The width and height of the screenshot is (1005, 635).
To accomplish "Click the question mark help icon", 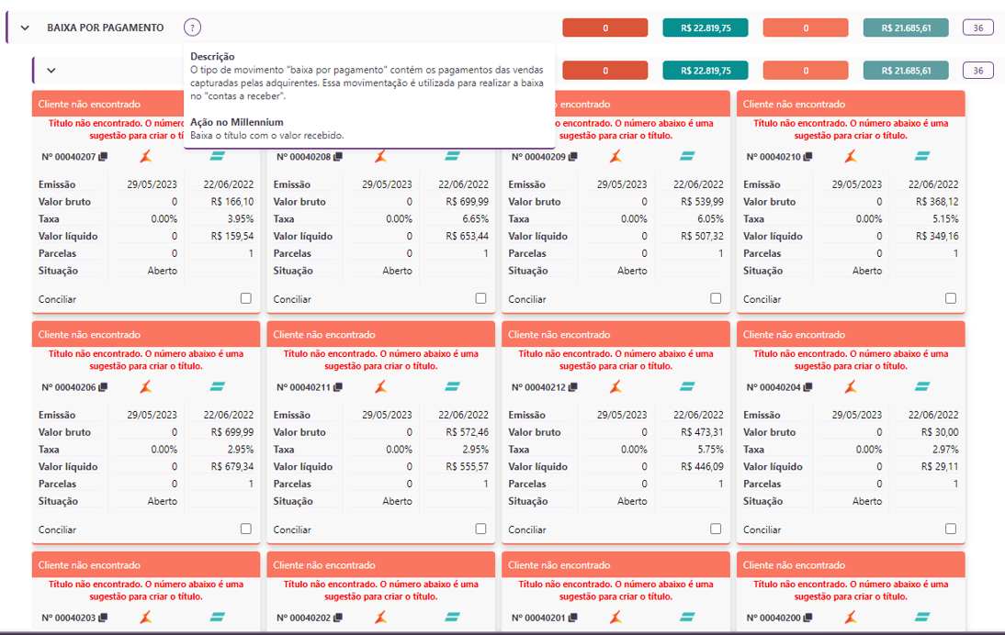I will click(192, 28).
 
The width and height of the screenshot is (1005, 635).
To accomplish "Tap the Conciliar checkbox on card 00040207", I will click(245, 298).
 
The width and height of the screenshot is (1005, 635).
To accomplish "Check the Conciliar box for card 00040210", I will click(951, 298).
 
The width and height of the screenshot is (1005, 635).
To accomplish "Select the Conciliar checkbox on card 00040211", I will click(480, 529).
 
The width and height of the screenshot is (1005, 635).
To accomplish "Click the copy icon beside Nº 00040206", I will click(103, 387).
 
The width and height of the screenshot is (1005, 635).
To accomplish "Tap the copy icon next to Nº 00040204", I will click(807, 387).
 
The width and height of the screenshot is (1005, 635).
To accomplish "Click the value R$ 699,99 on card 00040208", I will click(468, 202).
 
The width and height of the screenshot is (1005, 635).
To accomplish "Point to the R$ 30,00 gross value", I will click(941, 432).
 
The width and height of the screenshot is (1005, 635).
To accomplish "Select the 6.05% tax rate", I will click(710, 219).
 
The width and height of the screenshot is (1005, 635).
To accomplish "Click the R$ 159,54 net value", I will click(232, 236).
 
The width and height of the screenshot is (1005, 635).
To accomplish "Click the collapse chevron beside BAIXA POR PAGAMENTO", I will click(25, 28).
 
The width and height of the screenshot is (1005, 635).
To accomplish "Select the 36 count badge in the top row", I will click(978, 28).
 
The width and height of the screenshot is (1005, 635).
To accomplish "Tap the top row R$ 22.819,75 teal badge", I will click(706, 28).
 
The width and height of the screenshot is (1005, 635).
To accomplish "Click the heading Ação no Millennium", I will click(236, 122).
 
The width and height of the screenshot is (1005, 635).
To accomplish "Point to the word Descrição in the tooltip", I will click(212, 57).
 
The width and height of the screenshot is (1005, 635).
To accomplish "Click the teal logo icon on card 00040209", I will click(687, 157).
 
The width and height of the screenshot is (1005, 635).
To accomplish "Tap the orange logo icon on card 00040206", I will click(145, 386).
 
